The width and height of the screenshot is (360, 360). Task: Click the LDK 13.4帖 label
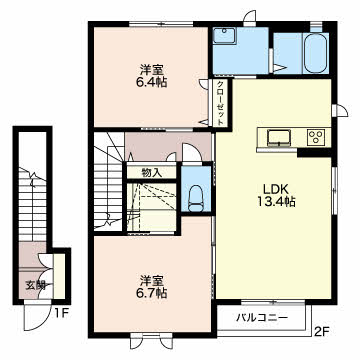[x=276, y=195]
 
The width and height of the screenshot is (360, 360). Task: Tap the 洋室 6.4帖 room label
[x=151, y=76]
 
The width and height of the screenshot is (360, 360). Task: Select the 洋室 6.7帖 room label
[x=151, y=286]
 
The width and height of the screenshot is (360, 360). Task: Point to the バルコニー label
[x=262, y=318]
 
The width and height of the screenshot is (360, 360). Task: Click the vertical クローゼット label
[x=220, y=103]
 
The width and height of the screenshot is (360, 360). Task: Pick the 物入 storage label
[x=152, y=173]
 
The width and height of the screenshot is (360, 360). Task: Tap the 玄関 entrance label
[x=35, y=285]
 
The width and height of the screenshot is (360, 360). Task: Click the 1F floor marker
[x=62, y=314]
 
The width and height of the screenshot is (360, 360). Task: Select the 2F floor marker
[x=322, y=331]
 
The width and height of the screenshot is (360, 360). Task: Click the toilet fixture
[x=196, y=199]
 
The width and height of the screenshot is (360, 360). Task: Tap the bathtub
[x=316, y=52]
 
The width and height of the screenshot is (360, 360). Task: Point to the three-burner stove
[x=315, y=137]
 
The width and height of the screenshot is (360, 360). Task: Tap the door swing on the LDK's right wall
[x=340, y=111]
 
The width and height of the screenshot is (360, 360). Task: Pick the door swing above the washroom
[x=250, y=18]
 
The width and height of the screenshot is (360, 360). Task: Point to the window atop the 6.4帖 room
[x=161, y=24]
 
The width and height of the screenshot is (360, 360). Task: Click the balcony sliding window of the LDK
[x=273, y=303]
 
